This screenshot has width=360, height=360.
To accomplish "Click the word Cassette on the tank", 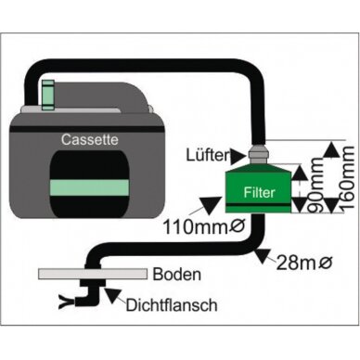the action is (x=89, y=139).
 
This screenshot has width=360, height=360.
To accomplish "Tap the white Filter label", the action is (x=259, y=192).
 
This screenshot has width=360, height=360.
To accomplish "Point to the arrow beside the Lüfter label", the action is (x=238, y=156).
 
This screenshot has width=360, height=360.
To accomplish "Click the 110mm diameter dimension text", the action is (x=204, y=227).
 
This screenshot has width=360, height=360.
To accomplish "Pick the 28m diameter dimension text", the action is (x=304, y=264).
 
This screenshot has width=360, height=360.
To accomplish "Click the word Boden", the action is (x=176, y=274).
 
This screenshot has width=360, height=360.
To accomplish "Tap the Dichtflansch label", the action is (x=172, y=305).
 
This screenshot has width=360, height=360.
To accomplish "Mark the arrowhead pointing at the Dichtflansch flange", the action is (x=113, y=295).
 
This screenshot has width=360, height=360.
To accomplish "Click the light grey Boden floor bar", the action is (x=93, y=274).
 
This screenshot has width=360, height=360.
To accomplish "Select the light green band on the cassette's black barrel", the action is (x=89, y=187).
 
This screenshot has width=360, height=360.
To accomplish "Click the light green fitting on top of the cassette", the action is (x=48, y=95).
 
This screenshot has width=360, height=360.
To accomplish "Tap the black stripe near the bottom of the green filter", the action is (x=258, y=205).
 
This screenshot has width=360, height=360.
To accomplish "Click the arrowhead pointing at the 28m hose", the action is (x=262, y=256).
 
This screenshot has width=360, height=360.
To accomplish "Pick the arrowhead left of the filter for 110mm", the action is (x=210, y=205).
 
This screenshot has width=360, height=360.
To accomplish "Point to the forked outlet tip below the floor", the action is (x=66, y=302).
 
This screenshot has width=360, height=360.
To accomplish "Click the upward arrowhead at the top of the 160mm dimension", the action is (x=332, y=150).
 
